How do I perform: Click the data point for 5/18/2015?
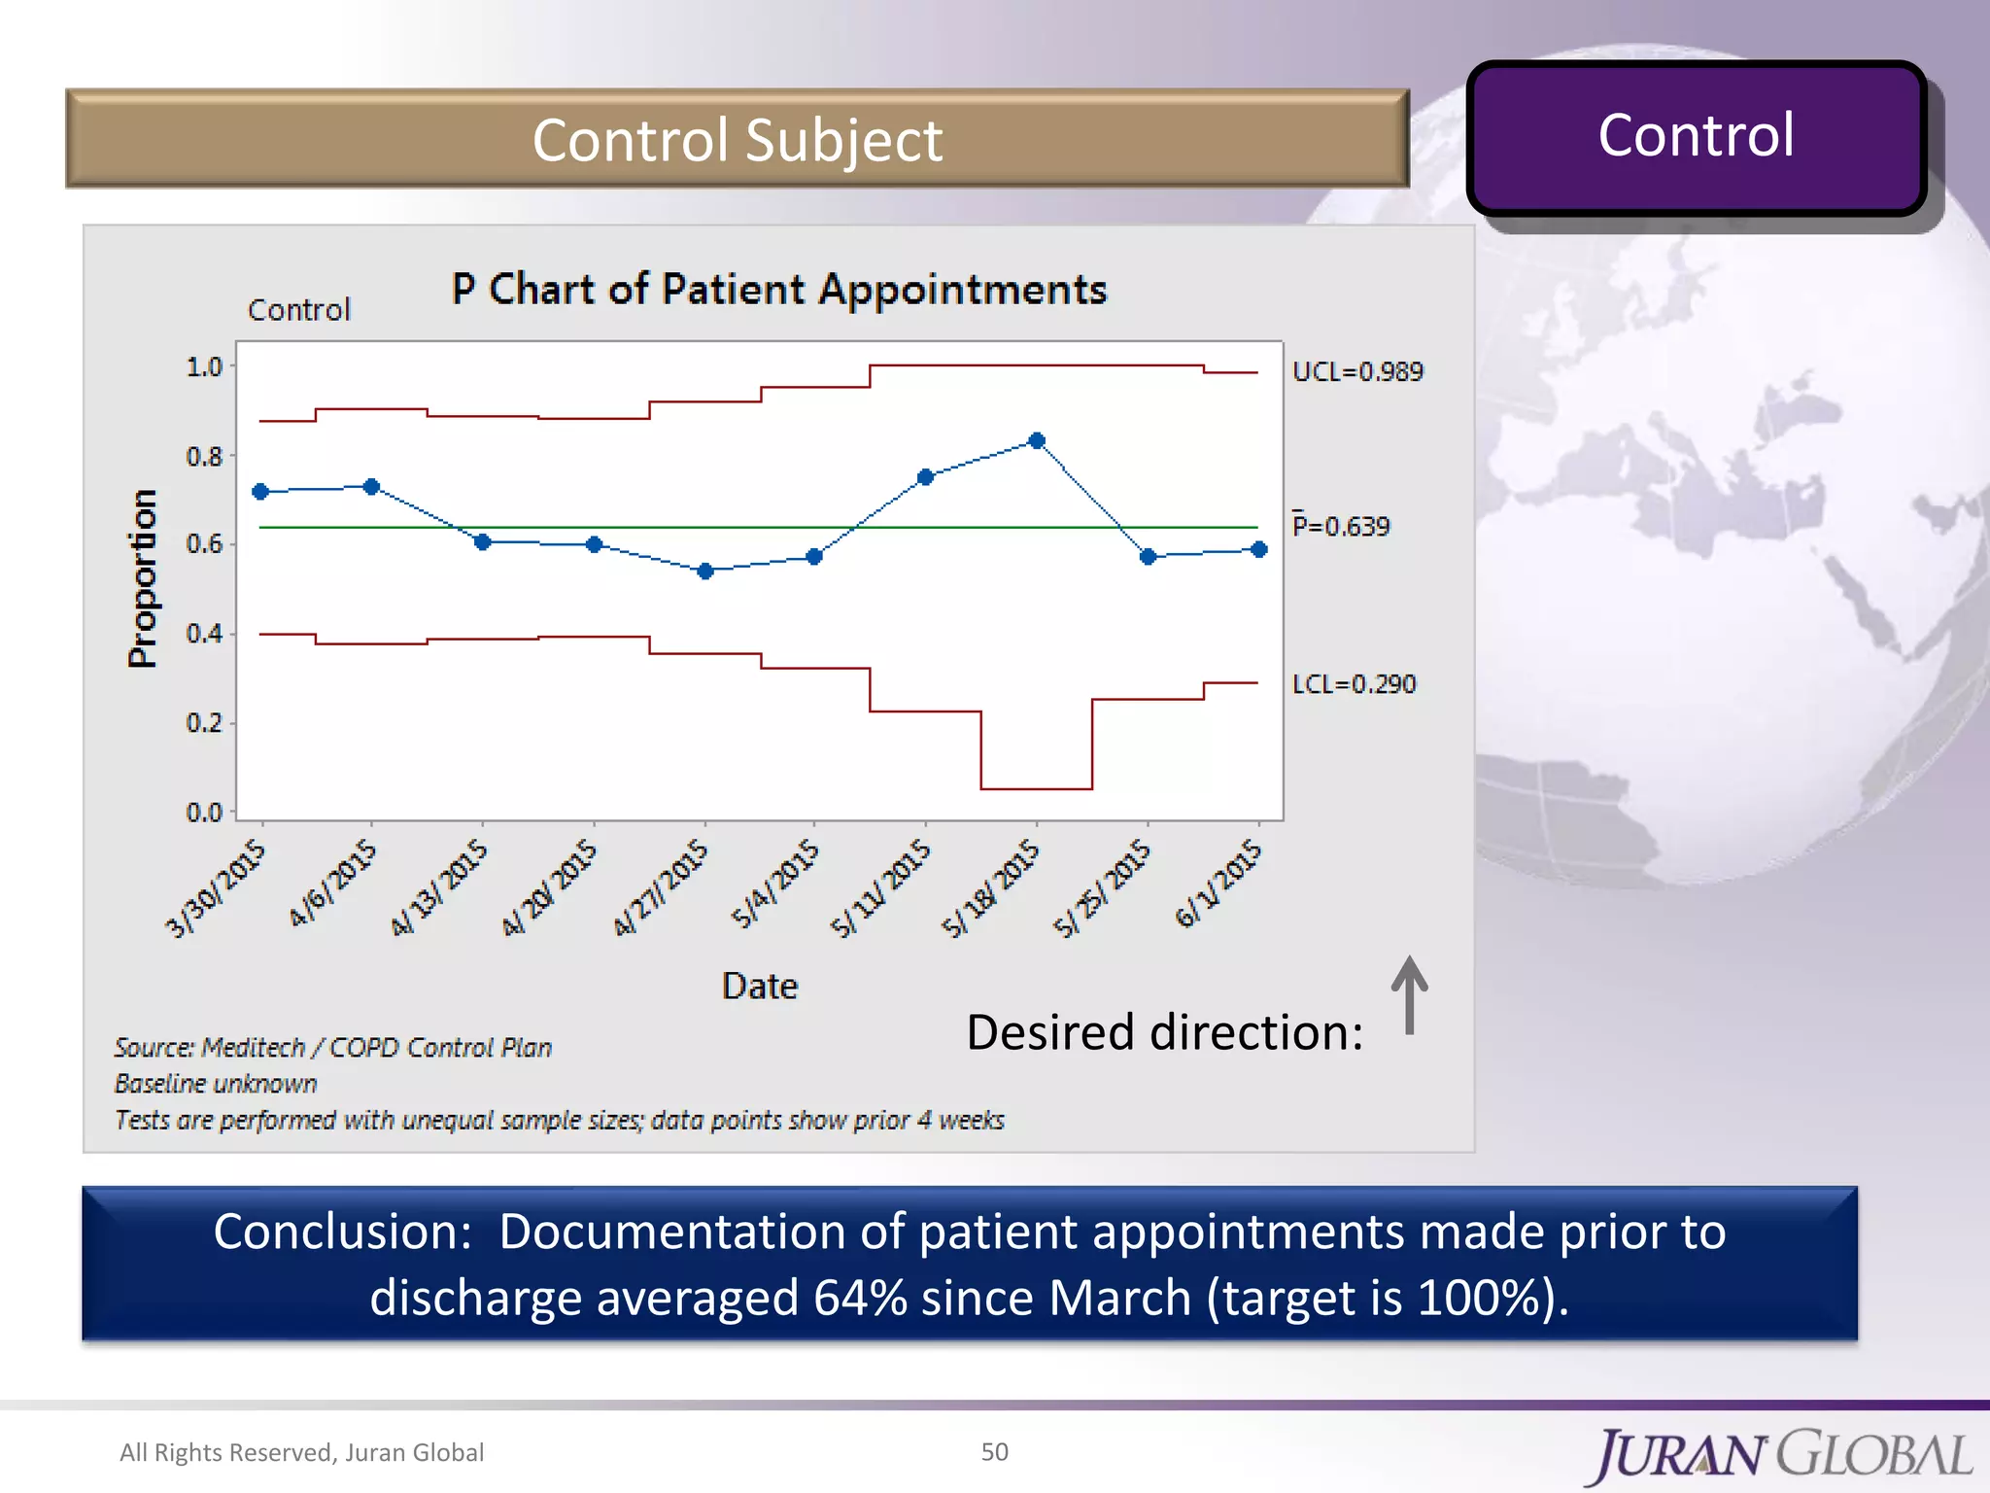coord(1037,440)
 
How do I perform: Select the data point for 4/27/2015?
coord(705,571)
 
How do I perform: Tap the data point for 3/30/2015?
coord(260,492)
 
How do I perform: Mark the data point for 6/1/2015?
coord(1259,549)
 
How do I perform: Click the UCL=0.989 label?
coord(1356,371)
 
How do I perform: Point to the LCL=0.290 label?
coord(1354,684)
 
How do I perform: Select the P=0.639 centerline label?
coord(1341,526)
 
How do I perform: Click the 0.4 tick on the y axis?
coord(204,634)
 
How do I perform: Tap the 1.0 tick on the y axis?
coord(204,367)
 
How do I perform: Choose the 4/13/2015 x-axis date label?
coord(439,888)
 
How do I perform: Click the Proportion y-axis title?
coord(143,578)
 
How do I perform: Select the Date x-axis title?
coord(759,986)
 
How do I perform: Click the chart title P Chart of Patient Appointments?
coord(778,290)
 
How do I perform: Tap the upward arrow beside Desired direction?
coord(1409,995)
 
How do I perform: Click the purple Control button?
coord(1696,137)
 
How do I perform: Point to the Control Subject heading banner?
coord(737,139)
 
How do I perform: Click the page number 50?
coord(994,1451)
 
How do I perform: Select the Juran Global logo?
coord(1782,1455)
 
